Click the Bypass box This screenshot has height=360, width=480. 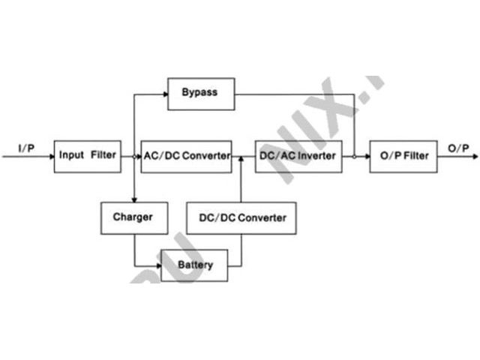(200, 93)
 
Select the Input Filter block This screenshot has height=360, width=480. (88, 156)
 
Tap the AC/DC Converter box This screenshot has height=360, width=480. (187, 156)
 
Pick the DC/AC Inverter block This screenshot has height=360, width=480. (298, 156)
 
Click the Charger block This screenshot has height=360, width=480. (133, 217)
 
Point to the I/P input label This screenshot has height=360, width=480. (27, 148)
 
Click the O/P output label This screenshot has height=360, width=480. (458, 148)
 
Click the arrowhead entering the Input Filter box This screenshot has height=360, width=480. (49, 157)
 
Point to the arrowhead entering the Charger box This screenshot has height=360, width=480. (133, 199)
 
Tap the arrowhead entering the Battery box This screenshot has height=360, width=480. (157, 265)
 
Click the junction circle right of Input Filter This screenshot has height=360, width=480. (133, 157)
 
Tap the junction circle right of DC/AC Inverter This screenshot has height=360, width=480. (353, 157)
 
